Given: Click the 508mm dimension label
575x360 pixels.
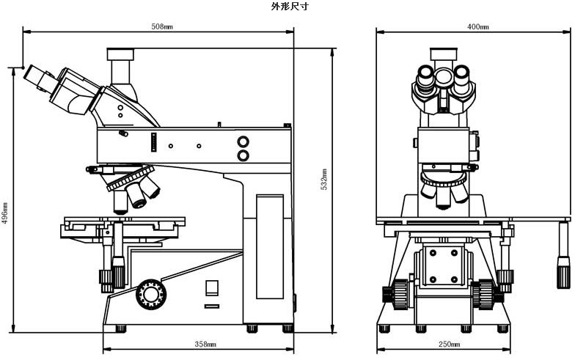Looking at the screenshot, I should (x=162, y=26).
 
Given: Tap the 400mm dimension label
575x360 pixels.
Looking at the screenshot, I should (x=477, y=26).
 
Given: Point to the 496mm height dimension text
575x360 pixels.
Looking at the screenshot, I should (x=6, y=213).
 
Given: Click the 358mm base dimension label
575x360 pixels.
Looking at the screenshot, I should (x=205, y=344).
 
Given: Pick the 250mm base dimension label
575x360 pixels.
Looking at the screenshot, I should (x=450, y=344).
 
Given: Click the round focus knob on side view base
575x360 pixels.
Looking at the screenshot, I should (x=150, y=294).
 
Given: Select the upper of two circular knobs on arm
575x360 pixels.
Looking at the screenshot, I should (x=243, y=142).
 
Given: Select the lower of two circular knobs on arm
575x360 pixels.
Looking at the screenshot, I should (x=243, y=155).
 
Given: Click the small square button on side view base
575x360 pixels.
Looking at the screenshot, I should (x=212, y=288).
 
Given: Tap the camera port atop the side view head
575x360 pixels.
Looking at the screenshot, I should (x=121, y=54).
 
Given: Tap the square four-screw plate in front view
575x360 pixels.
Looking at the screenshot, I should (x=443, y=266).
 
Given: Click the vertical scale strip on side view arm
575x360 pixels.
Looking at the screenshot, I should (x=154, y=142).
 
